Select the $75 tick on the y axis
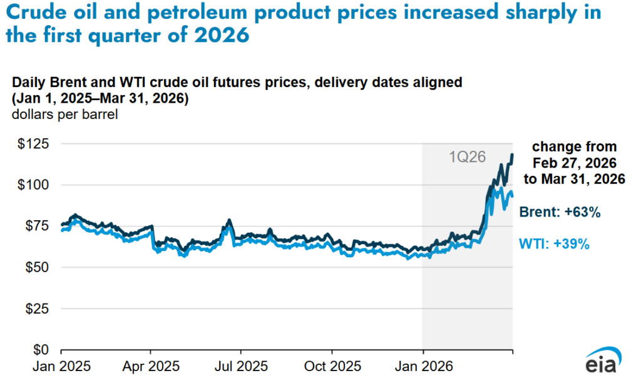[x=36, y=226]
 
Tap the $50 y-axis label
[x=36, y=267]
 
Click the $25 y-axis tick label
[x=36, y=308]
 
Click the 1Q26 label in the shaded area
[x=468, y=157]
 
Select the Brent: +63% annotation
[x=560, y=213]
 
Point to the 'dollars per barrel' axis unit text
[x=61, y=114]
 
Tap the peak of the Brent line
[x=513, y=154]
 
